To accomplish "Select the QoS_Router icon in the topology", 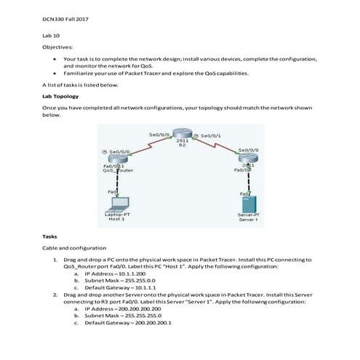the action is click(116, 159).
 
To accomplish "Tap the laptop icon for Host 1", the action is click(116, 203).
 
